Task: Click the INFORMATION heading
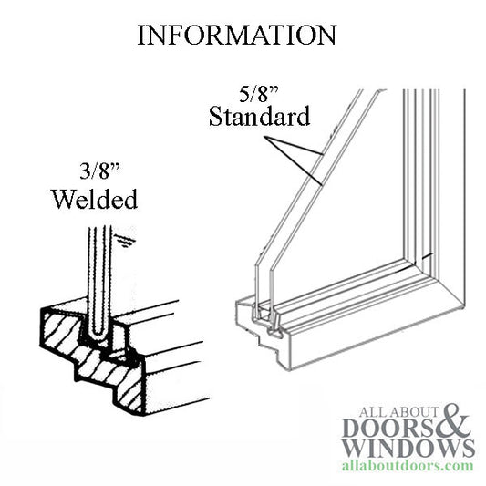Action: (236, 35)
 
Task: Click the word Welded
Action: (96, 198)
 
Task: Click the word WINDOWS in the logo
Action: (406, 448)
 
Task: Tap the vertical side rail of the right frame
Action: (448, 182)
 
